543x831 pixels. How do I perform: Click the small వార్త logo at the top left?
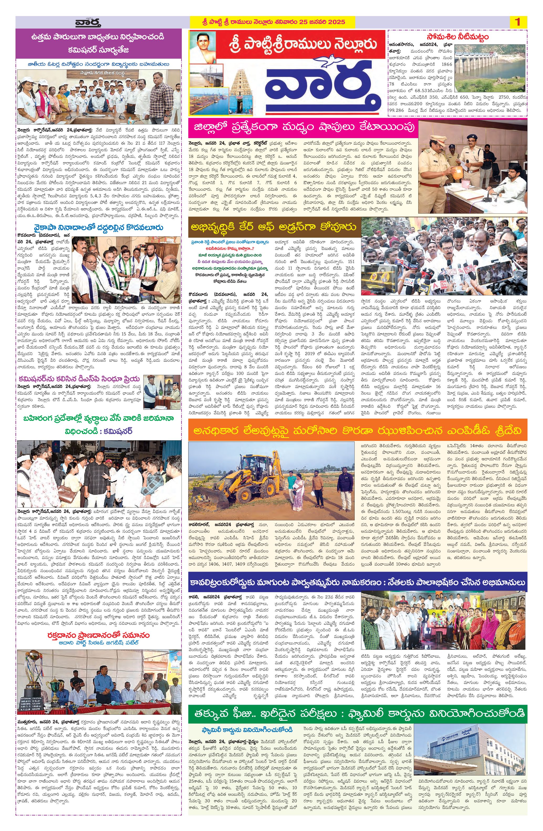[x=88, y=23]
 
